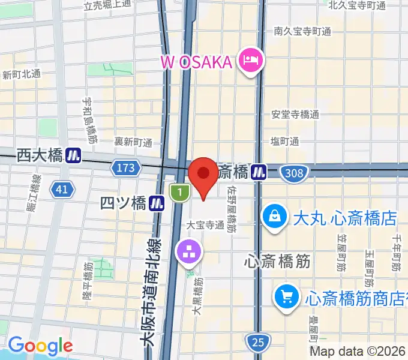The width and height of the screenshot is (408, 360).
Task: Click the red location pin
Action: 203,175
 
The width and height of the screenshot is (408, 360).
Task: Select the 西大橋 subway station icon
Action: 74,155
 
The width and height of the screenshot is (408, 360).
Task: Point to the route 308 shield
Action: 294,173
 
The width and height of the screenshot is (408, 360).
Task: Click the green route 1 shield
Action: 179,193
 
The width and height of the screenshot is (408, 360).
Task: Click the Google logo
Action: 40,346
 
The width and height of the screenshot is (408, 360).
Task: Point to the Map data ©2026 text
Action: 358,352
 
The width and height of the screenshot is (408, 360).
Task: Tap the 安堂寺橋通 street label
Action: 295,115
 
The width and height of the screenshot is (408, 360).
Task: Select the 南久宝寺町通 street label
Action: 302,31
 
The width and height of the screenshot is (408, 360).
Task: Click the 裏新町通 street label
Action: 133,142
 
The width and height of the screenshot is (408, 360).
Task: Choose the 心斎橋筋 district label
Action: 278,262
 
